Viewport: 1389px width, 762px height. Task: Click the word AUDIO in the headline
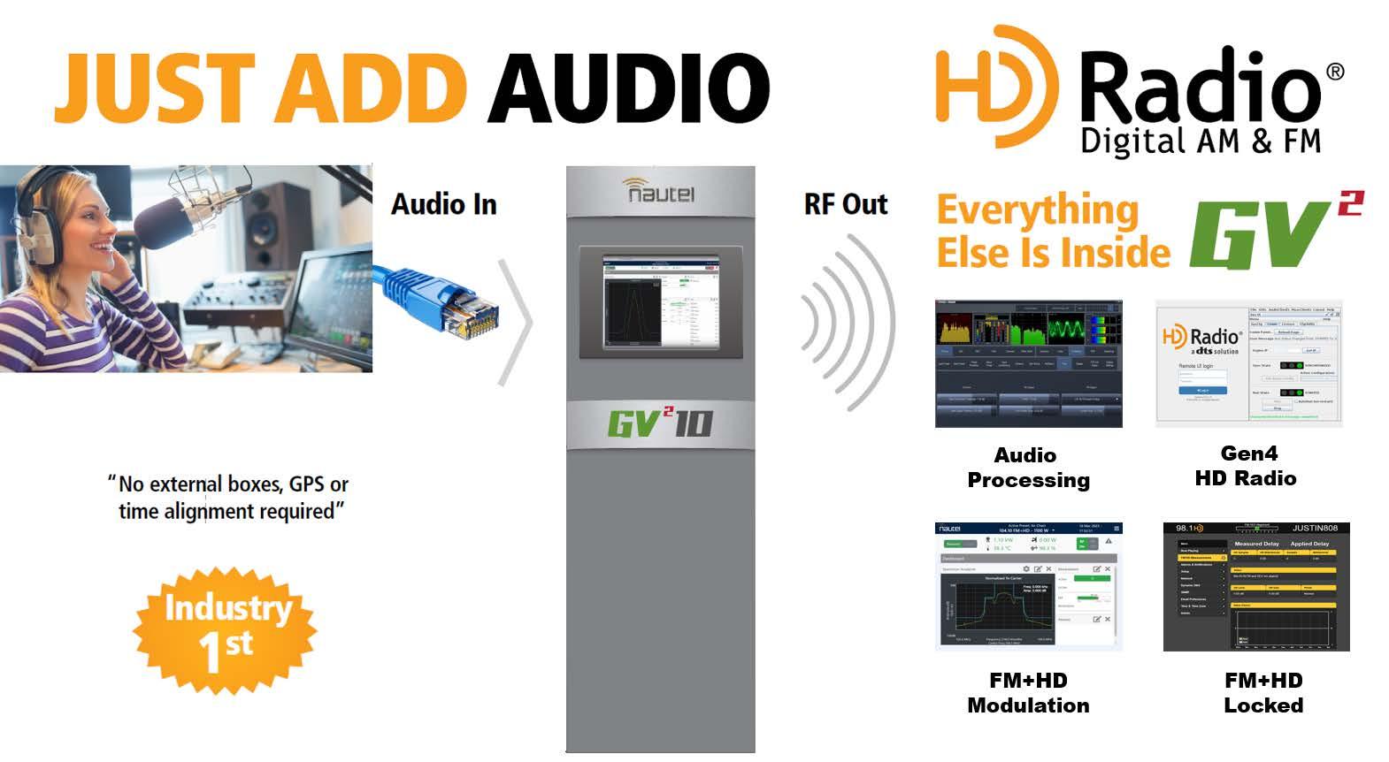tap(629, 88)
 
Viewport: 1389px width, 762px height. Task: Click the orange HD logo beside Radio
tap(995, 86)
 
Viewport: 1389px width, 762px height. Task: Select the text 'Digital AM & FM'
tap(1201, 141)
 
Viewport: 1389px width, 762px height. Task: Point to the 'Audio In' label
tap(443, 204)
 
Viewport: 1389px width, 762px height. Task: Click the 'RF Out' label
tap(845, 204)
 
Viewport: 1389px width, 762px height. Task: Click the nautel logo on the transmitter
tap(660, 190)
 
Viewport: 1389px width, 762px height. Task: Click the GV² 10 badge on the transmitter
tap(660, 423)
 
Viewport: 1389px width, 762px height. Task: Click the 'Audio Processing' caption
tap(1027, 468)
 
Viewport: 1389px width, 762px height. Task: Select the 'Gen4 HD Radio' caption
tap(1247, 466)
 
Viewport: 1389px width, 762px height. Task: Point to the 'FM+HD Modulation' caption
tap(1028, 693)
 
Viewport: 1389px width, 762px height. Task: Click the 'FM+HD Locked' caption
tap(1262, 693)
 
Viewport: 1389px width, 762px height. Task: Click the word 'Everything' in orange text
tap(1038, 210)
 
